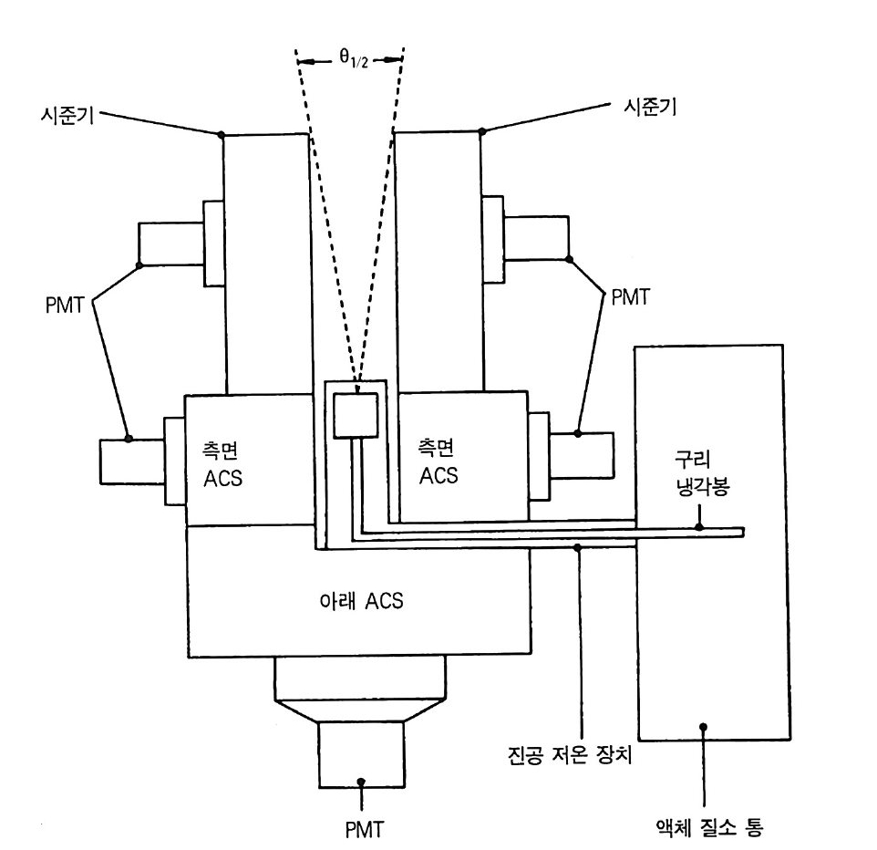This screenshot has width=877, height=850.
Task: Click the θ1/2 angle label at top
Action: click(354, 57)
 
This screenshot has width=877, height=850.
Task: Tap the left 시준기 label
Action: click(67, 116)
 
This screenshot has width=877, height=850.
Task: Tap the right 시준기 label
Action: click(650, 106)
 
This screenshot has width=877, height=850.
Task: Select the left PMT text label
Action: click(65, 306)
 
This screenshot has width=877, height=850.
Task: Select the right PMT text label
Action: click(630, 297)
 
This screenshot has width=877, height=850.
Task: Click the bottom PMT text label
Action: click(365, 829)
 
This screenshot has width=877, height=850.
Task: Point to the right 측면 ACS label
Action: click(438, 461)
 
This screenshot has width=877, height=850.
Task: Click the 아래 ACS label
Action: click(361, 600)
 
